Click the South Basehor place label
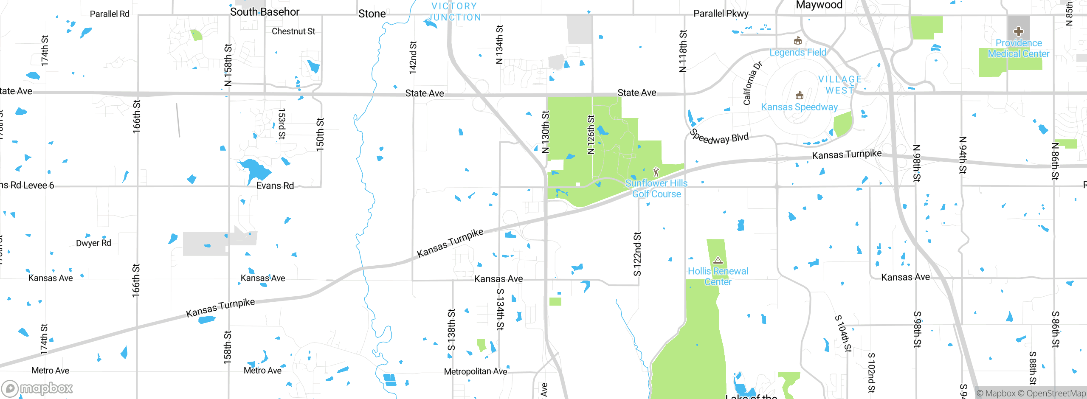(x=265, y=12)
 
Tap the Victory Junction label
(x=454, y=12)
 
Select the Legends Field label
(x=798, y=52)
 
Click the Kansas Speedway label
(x=799, y=107)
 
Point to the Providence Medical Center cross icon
(x=1018, y=31)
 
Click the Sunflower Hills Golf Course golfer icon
(x=656, y=172)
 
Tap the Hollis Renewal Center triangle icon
(x=718, y=260)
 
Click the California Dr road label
(x=752, y=83)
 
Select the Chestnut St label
(x=293, y=31)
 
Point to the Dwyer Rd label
(x=93, y=243)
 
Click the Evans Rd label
(x=275, y=185)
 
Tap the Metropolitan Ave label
(x=476, y=371)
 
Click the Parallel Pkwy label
(x=721, y=14)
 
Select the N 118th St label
(x=683, y=51)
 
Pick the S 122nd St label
(x=637, y=254)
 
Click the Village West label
(x=840, y=85)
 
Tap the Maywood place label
(x=819, y=5)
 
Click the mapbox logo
(x=37, y=388)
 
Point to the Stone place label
(x=372, y=14)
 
